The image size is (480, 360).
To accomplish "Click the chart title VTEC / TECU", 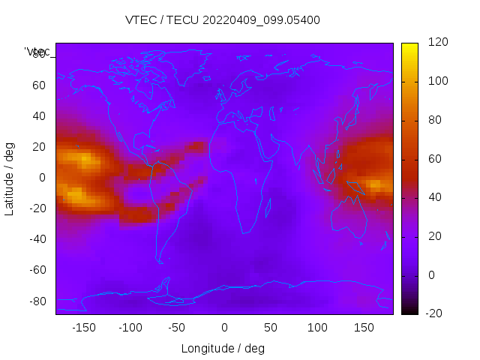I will pos(222,20).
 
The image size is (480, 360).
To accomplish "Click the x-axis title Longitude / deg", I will pos(223,349).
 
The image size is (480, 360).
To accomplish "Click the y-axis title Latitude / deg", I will pos(10,178).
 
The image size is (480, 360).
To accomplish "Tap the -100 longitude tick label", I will pos(130,328).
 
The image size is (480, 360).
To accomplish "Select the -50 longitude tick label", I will pos(177,328).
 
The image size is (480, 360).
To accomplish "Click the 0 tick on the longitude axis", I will pos(224,328).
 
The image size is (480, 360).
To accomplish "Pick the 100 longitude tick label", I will pos(318,328).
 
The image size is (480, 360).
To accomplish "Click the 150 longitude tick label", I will pos(364,328).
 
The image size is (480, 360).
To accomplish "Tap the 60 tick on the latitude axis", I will pos(39,85).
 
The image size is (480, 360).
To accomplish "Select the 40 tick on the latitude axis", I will pos(39,116).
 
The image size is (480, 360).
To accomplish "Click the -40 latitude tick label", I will pos(37,239).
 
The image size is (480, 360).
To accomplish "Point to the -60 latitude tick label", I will pos(37,270).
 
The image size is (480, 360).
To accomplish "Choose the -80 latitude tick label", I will pos(37,301).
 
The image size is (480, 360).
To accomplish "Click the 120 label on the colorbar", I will pos(437,43).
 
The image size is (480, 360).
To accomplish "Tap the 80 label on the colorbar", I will pos(434,120).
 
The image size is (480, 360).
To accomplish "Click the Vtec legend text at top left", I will pos(37,52).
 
